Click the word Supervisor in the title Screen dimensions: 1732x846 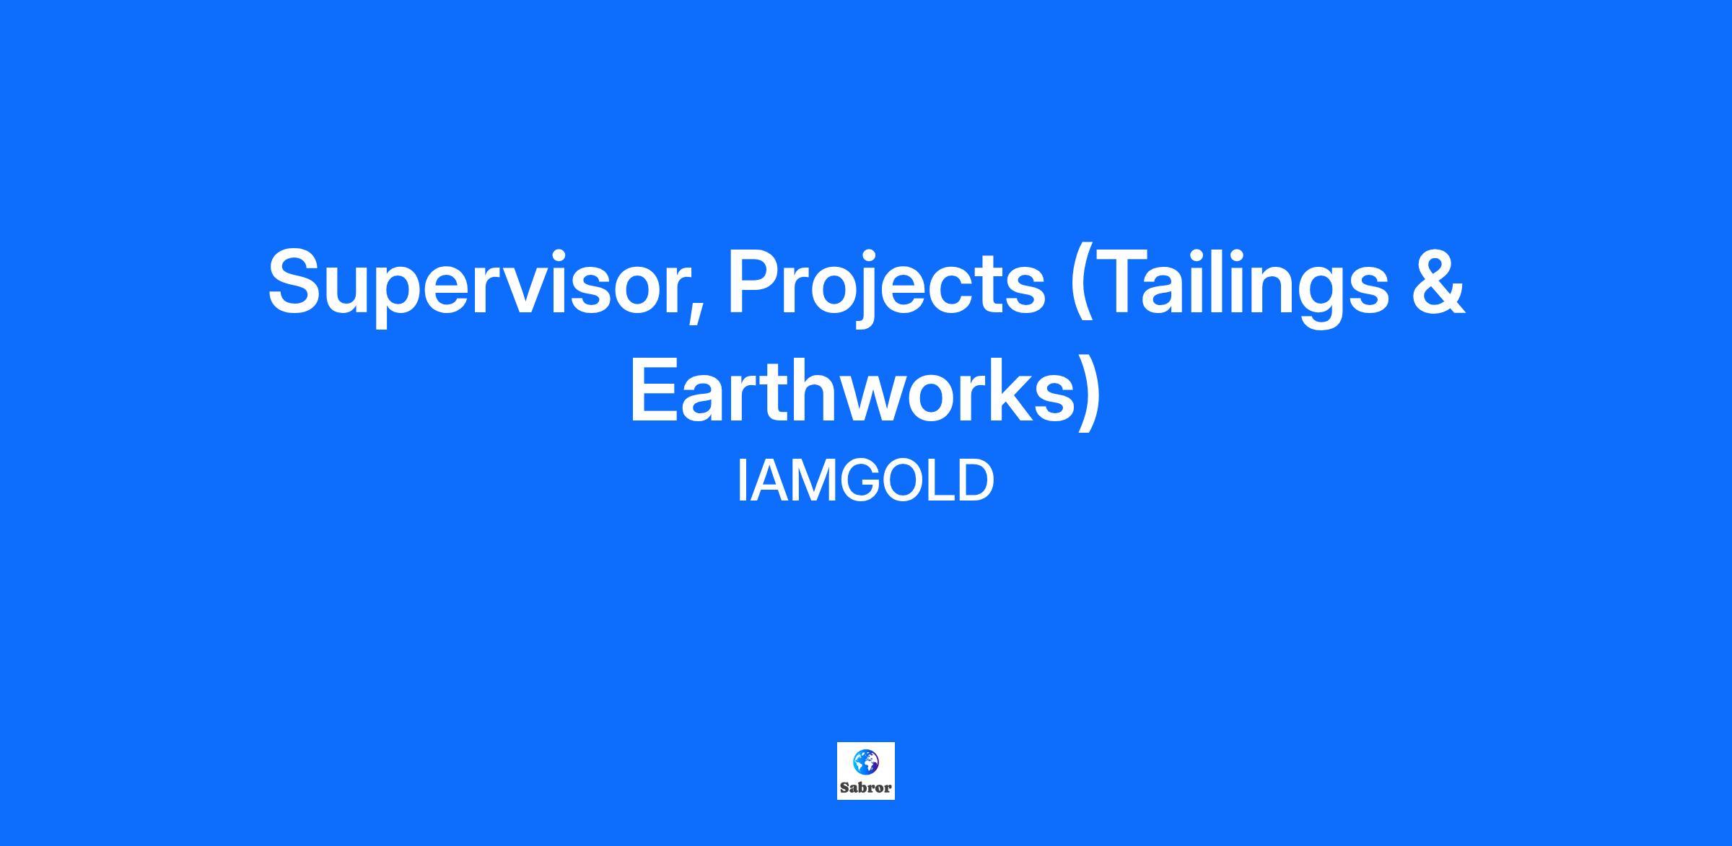pyautogui.click(x=473, y=283)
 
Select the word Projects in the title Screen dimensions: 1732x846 pyautogui.click(x=887, y=283)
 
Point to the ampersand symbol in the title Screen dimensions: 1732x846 pyautogui.click(x=1438, y=281)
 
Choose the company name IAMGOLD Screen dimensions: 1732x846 pyautogui.click(x=865, y=482)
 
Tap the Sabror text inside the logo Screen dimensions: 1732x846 pyautogui.click(x=865, y=788)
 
